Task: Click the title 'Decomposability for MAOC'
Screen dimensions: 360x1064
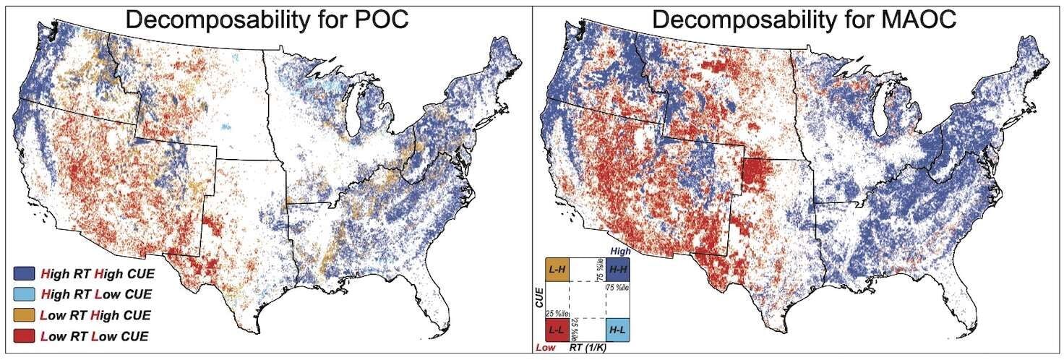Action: (805, 20)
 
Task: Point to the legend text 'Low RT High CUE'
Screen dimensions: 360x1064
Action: (98, 315)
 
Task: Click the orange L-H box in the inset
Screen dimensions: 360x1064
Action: (557, 270)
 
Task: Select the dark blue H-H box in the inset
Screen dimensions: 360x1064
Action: (618, 270)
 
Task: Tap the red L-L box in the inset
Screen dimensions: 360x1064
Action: (557, 330)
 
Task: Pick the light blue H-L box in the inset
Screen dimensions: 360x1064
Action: (618, 330)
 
